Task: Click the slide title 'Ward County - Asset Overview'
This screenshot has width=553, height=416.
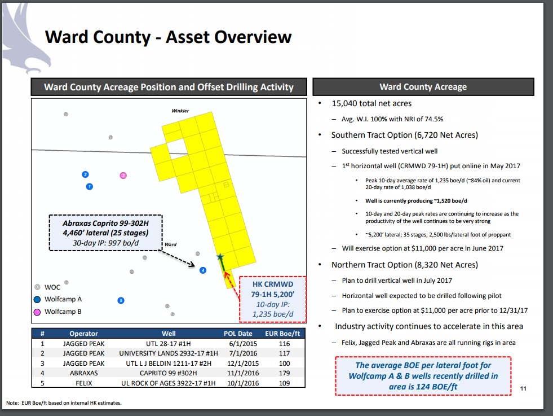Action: coord(168,37)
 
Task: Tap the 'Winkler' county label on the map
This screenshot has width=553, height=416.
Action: coord(180,111)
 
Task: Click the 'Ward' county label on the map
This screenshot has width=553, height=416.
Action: coord(170,244)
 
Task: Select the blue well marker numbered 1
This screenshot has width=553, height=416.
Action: coord(89,186)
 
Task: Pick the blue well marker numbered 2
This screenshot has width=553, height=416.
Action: coord(85,174)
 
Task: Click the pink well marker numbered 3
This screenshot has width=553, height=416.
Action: coord(123,176)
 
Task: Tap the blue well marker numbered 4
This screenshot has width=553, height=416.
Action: coord(202,270)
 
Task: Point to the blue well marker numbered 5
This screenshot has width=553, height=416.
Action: coord(121,300)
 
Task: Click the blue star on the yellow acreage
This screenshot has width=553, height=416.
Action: coord(220,257)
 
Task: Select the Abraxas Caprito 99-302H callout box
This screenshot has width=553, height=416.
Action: coord(105,232)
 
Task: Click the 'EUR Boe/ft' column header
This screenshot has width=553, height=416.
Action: coord(285,333)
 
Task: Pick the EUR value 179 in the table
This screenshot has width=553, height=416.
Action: coord(285,373)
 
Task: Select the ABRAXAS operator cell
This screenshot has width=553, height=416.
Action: coord(83,373)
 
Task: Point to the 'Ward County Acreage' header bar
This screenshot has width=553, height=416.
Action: coord(423,87)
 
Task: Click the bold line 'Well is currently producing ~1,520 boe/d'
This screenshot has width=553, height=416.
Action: coord(417,201)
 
